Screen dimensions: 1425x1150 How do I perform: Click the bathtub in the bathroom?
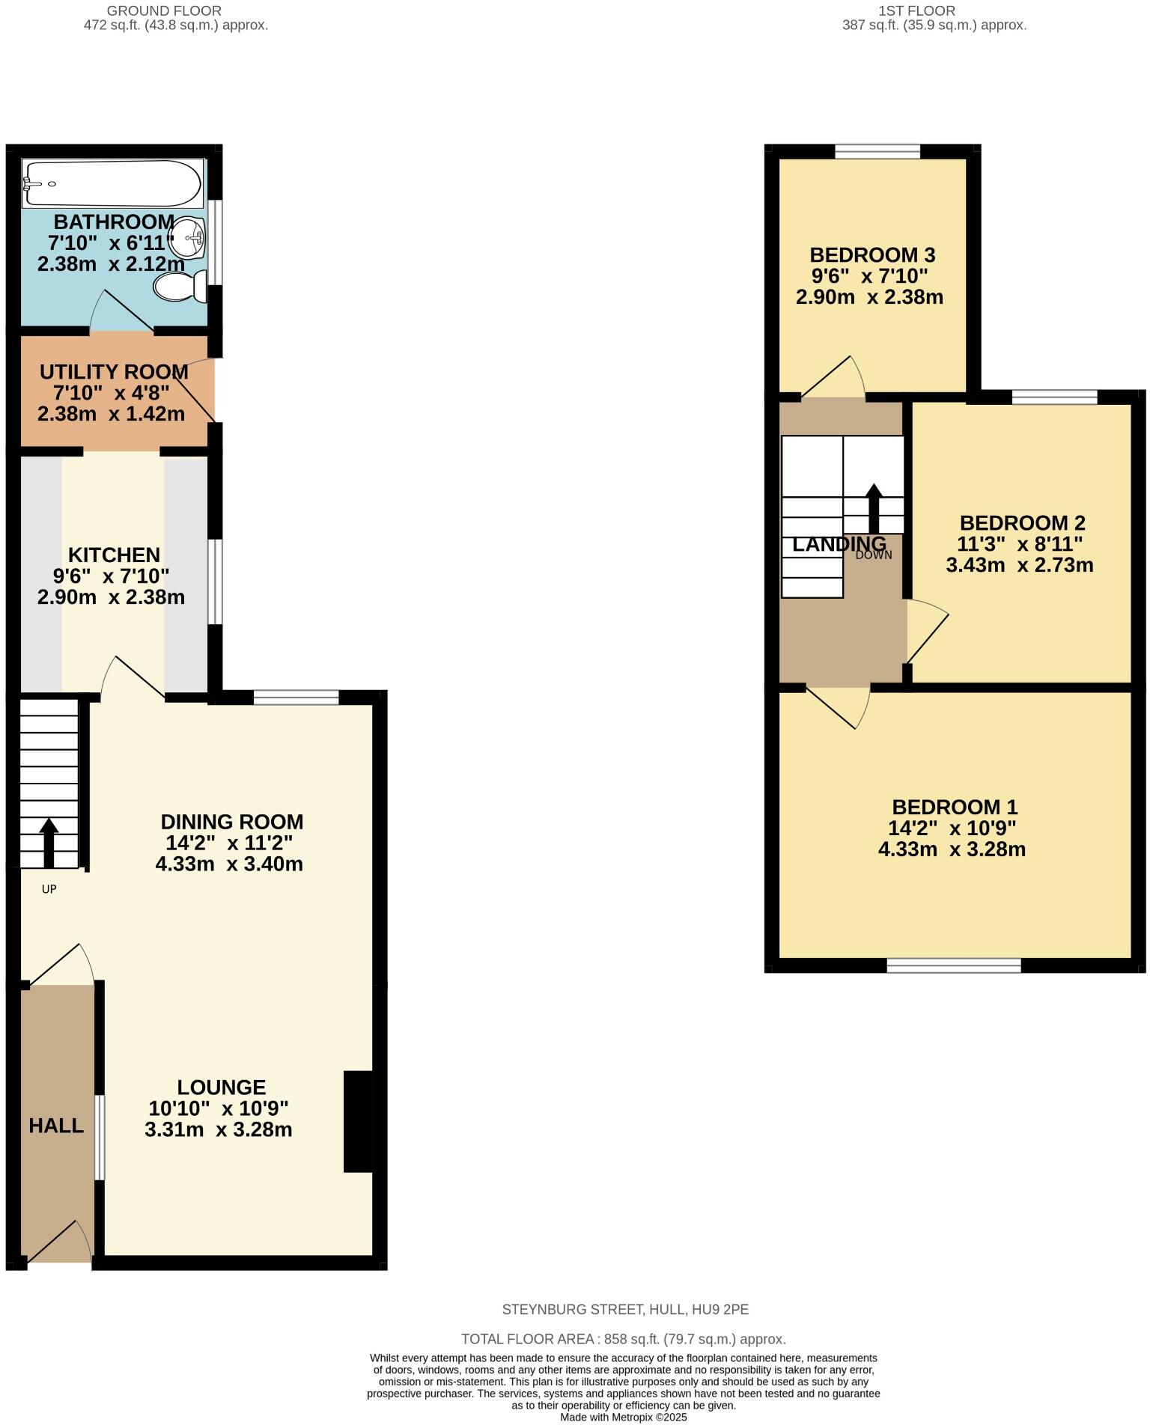[112, 183]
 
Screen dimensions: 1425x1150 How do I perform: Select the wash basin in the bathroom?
[188, 238]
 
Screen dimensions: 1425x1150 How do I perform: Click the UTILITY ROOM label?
[113, 372]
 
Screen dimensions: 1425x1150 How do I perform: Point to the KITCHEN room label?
[114, 555]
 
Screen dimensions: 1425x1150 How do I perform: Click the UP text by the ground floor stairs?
[49, 889]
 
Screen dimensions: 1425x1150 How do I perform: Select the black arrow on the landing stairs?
[874, 507]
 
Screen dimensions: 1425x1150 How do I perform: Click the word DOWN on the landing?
[874, 555]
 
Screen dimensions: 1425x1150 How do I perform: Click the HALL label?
[56, 1126]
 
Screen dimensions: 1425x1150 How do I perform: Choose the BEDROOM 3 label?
[872, 255]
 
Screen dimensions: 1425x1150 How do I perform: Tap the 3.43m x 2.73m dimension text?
[1020, 565]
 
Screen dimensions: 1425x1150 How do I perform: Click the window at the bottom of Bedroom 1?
[953, 965]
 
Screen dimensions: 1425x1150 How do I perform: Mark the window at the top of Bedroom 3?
[877, 152]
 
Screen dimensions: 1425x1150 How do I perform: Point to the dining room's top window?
[296, 698]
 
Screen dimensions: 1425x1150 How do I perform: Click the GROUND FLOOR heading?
[164, 11]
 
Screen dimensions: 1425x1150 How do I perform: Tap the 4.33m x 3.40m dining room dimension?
[229, 864]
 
